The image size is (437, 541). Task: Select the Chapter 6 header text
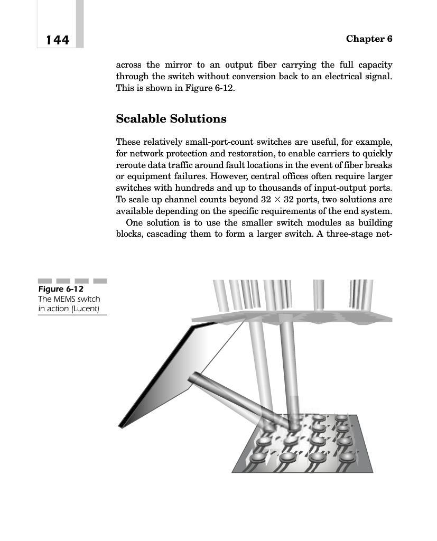click(369, 39)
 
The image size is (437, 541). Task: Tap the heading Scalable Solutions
click(171, 119)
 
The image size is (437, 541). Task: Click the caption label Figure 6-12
click(61, 290)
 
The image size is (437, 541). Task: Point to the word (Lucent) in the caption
click(85, 308)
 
